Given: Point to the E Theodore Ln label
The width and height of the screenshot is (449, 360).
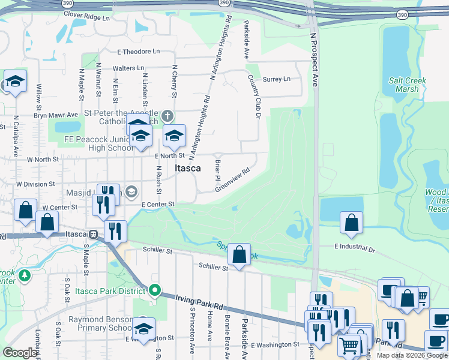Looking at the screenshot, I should point(139,52).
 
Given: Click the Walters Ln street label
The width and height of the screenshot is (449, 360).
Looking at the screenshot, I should point(128,68).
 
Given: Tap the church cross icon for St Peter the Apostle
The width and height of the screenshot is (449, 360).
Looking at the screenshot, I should point(167,115).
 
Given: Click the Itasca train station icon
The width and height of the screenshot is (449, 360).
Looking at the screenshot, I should point(92,234).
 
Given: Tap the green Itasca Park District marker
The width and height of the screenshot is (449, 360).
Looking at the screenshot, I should point(155,291).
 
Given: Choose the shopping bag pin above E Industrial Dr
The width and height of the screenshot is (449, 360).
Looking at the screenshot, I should point(351,222).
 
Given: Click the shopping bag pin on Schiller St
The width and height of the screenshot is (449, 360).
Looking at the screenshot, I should point(239,255).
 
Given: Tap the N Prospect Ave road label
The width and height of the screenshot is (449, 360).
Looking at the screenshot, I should point(313,60).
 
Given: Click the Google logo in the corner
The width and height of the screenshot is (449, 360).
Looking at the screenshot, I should point(20,353).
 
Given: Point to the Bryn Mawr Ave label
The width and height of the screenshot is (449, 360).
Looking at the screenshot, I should point(56,115).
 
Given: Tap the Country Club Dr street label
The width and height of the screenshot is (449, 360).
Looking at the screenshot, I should point(255,97).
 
